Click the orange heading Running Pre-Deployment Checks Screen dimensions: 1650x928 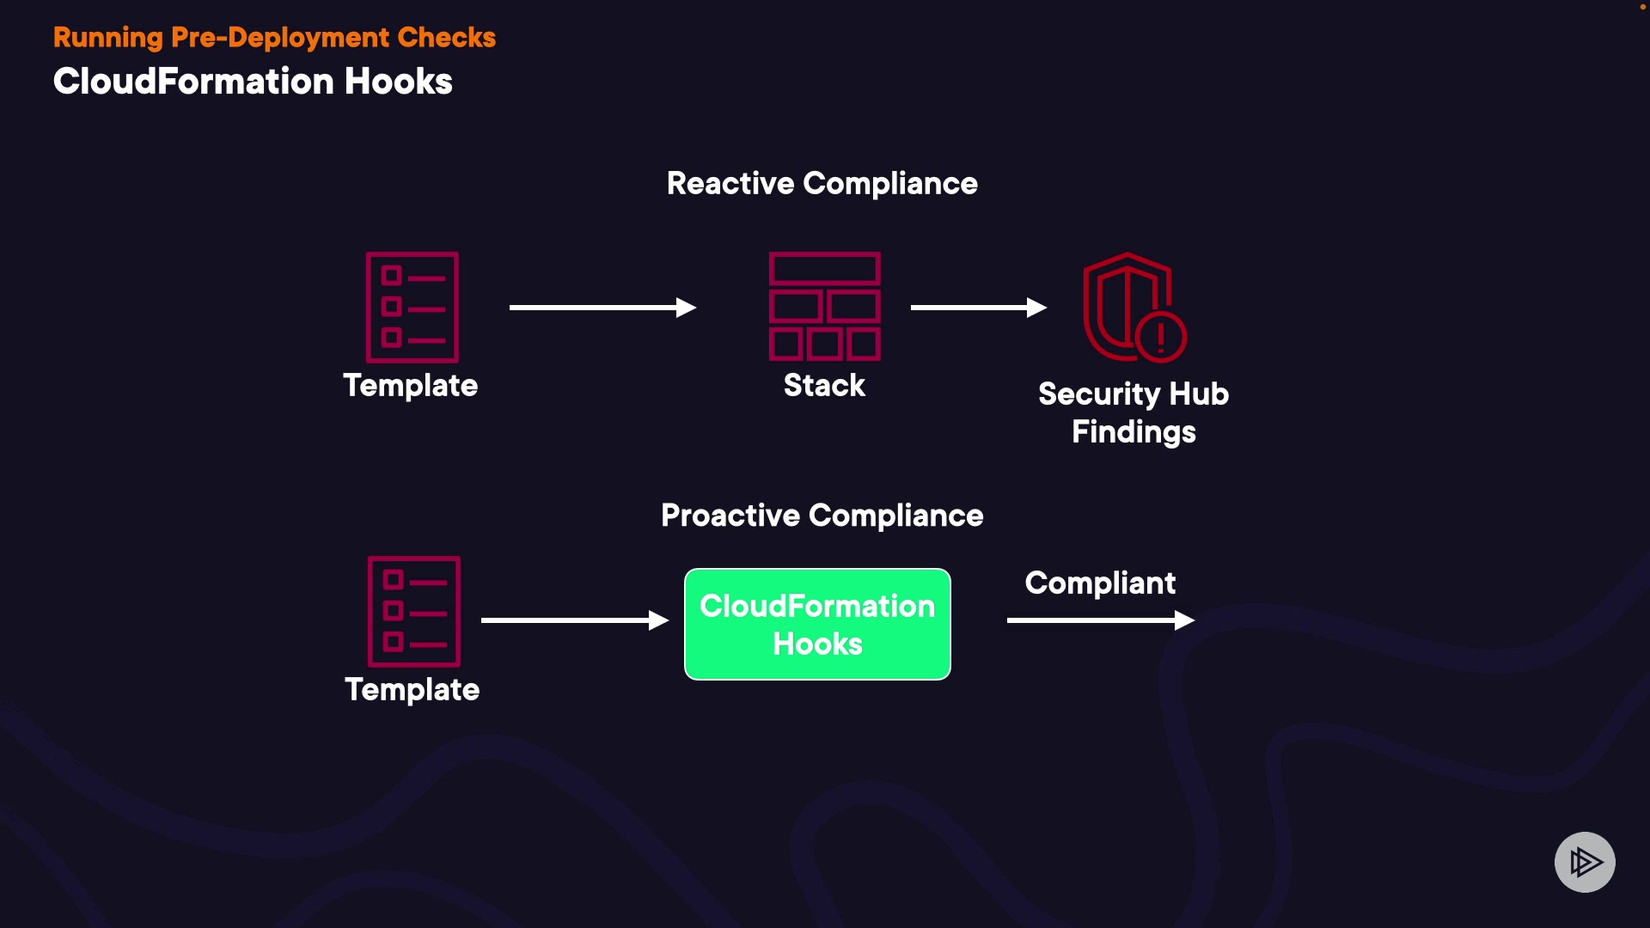274,38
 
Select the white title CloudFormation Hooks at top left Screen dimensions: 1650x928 253,82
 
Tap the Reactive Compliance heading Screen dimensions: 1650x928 822,184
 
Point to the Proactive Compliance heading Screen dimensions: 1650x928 822,516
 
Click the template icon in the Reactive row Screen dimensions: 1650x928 412,307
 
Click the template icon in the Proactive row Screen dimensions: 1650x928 414,611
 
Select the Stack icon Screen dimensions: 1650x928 825,306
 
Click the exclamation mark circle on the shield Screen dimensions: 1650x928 1161,336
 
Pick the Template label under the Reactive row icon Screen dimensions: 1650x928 411,386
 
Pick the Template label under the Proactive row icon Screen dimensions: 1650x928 412,690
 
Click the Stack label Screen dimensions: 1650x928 824,385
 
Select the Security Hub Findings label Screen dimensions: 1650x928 1134,412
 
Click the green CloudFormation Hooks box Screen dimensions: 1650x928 817,624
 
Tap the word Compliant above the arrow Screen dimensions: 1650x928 1100,583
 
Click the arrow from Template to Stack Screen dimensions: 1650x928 602,308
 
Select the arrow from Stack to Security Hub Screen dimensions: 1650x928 979,308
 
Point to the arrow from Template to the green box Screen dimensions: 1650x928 575,620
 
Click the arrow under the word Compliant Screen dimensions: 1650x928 1101,620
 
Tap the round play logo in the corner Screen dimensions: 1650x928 1585,862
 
